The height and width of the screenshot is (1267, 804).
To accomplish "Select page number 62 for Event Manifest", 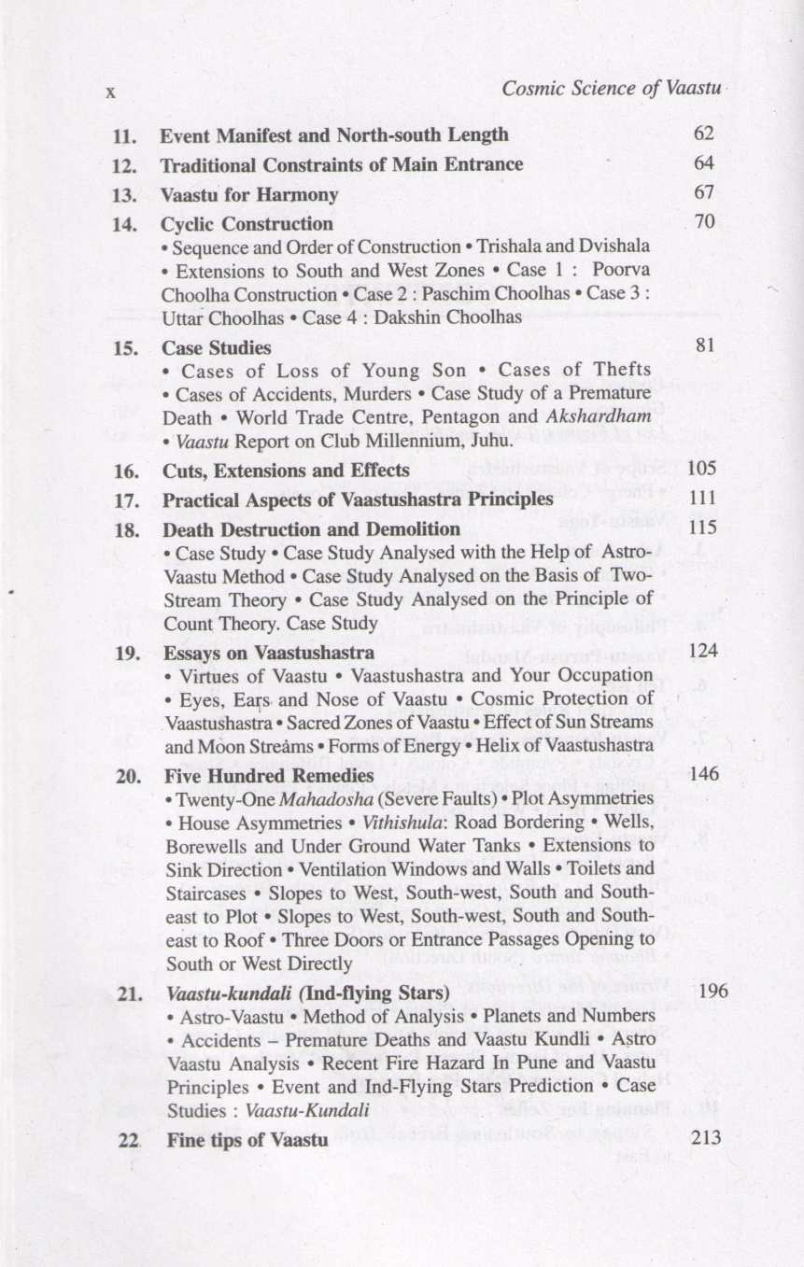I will (704, 134).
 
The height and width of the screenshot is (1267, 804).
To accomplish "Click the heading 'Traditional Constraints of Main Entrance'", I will (342, 165).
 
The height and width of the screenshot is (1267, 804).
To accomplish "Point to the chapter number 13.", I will (124, 196).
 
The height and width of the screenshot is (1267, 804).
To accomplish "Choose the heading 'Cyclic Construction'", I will (247, 225).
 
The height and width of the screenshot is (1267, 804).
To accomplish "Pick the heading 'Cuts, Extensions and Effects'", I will (286, 470).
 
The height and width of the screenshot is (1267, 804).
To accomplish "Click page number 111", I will (700, 499).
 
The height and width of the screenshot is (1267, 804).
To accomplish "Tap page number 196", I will (712, 991).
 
